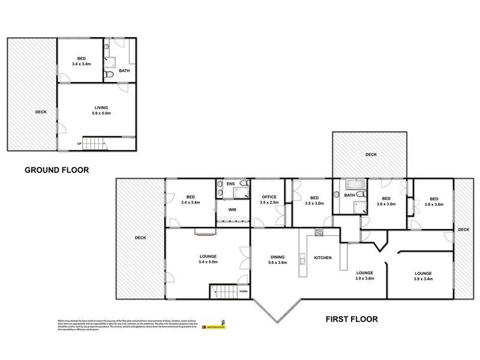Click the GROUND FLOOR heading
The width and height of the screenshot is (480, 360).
coord(56,170)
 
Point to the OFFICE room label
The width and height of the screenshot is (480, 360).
coord(268,200)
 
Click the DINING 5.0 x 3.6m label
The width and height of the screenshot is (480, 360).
coord(278,259)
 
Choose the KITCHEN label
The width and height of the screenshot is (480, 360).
coord(323,257)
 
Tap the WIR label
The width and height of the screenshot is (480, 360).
coord(231,211)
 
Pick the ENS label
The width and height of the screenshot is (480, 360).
coord(229,184)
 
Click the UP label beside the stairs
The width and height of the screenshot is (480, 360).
coord(79,144)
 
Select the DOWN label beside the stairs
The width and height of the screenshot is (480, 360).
coord(243,292)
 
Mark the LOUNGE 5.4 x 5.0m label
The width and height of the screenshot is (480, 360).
coord(208,259)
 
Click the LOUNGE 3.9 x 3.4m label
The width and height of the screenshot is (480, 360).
coord(423,276)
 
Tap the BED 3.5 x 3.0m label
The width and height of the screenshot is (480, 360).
coord(314,200)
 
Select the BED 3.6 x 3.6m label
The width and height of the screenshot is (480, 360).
coord(433,203)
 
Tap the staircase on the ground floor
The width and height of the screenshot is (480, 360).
coord(94,144)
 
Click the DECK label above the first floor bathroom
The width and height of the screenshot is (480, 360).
coord(371,155)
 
